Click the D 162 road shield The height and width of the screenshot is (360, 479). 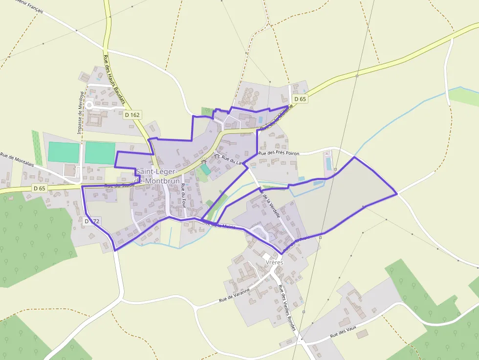click(x=132, y=115)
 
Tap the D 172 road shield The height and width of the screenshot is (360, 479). click(x=92, y=221)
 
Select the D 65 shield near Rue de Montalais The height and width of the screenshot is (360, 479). click(x=39, y=188)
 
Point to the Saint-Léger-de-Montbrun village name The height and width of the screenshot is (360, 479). click(x=157, y=176)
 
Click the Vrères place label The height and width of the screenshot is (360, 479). click(x=274, y=262)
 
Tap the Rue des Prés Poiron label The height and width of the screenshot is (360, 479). click(x=279, y=153)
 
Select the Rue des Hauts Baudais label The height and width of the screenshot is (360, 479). click(x=114, y=81)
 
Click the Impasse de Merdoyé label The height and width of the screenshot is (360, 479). click(x=79, y=112)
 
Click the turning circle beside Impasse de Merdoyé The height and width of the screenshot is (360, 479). click(x=89, y=105)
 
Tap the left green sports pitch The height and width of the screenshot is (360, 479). click(x=64, y=152)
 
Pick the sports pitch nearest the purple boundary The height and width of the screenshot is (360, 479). click(x=100, y=152)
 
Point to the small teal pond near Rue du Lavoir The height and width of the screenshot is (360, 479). click(x=206, y=169)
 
